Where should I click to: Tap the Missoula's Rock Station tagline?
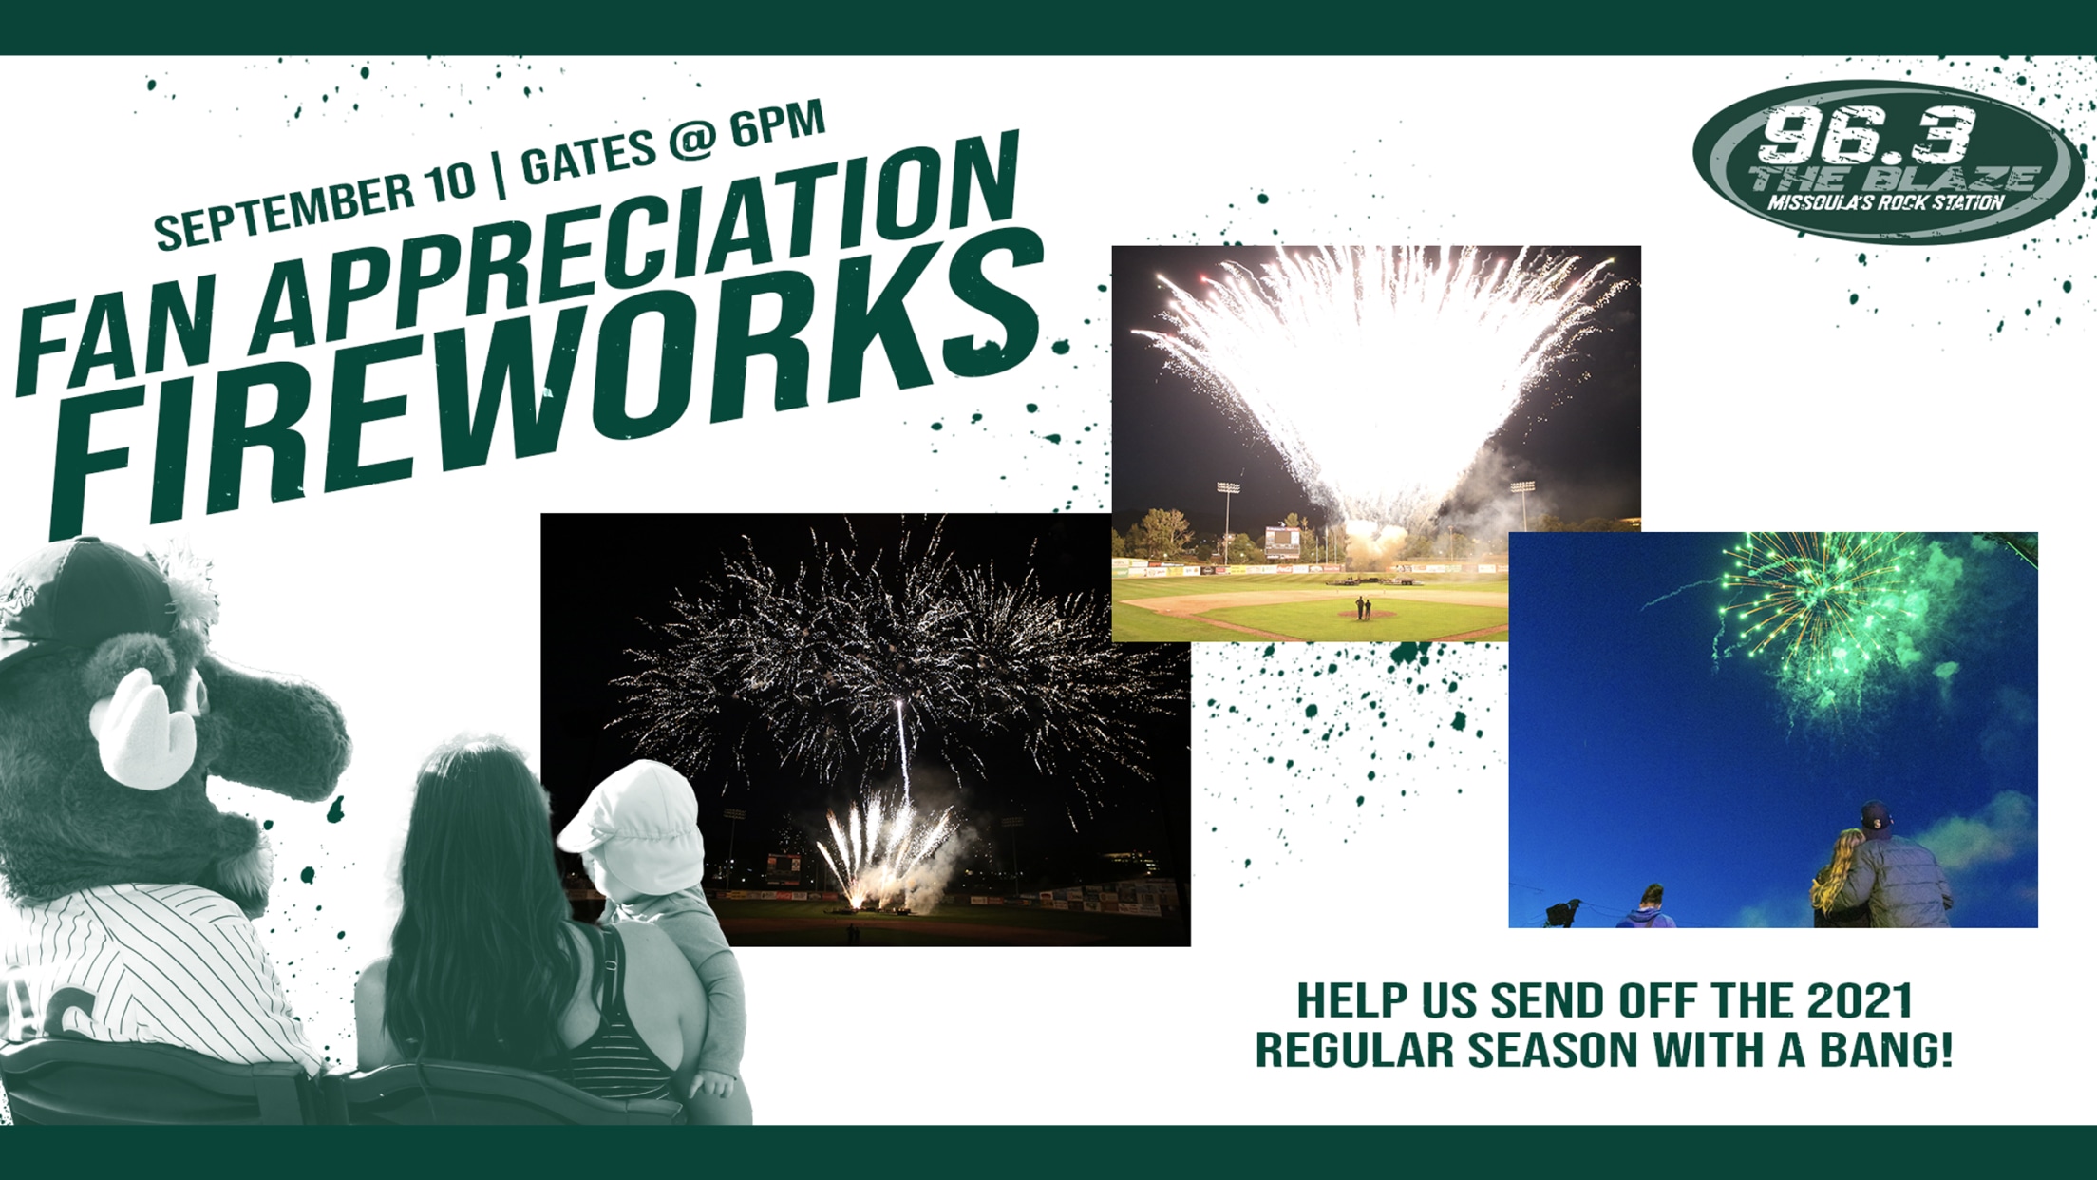(x=1885, y=202)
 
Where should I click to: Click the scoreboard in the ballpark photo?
(x=1282, y=542)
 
